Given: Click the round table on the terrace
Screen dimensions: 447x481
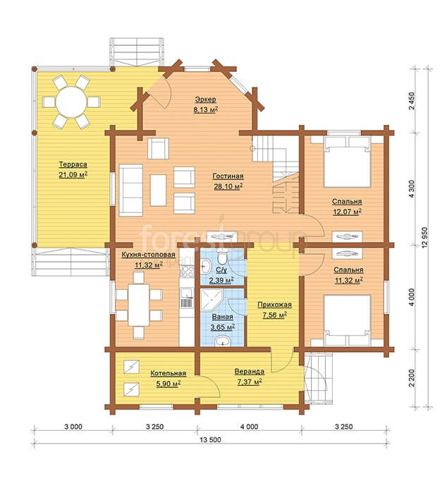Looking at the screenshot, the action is [x=71, y=102].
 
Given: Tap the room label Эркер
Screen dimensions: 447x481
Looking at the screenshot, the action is [x=205, y=99].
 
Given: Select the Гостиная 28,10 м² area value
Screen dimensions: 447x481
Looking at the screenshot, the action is [x=228, y=186].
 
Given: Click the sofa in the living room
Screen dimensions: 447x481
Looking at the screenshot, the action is [x=131, y=190].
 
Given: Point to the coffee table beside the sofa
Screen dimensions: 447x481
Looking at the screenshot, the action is [x=158, y=190].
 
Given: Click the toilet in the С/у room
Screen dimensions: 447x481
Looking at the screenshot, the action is [x=222, y=257].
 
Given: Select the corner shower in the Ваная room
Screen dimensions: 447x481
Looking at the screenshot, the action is [x=211, y=300].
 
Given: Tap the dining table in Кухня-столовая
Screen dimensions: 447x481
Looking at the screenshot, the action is [x=139, y=305].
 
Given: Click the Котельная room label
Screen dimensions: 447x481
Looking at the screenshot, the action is [x=169, y=373].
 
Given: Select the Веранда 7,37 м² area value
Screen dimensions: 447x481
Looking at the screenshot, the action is [x=250, y=382].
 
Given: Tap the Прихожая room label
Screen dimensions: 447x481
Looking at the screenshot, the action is [x=274, y=305].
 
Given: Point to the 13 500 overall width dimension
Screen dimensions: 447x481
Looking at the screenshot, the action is [x=210, y=439].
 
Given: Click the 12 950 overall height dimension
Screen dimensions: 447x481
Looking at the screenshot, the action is [x=424, y=238].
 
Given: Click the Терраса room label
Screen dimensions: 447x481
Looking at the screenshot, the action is [x=73, y=164].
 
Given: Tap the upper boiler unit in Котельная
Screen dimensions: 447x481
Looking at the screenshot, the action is [x=132, y=366].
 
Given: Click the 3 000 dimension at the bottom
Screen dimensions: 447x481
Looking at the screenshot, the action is [x=73, y=427].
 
